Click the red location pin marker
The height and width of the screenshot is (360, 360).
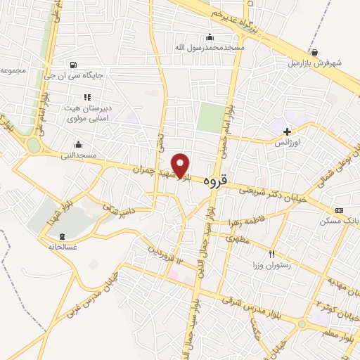click(x=181, y=165)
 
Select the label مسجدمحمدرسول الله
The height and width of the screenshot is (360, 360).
click(x=210, y=47)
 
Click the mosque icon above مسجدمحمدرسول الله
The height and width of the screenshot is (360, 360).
click(x=209, y=37)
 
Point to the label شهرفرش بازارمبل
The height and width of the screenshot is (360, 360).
click(x=316, y=62)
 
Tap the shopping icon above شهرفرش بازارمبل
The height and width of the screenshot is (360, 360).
click(x=314, y=52)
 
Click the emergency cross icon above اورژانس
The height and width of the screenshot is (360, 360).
click(x=287, y=131)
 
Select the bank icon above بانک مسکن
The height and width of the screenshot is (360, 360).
click(x=340, y=210)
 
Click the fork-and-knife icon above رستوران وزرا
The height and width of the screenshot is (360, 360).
click(x=271, y=254)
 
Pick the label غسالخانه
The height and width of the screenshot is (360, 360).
click(x=62, y=246)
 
